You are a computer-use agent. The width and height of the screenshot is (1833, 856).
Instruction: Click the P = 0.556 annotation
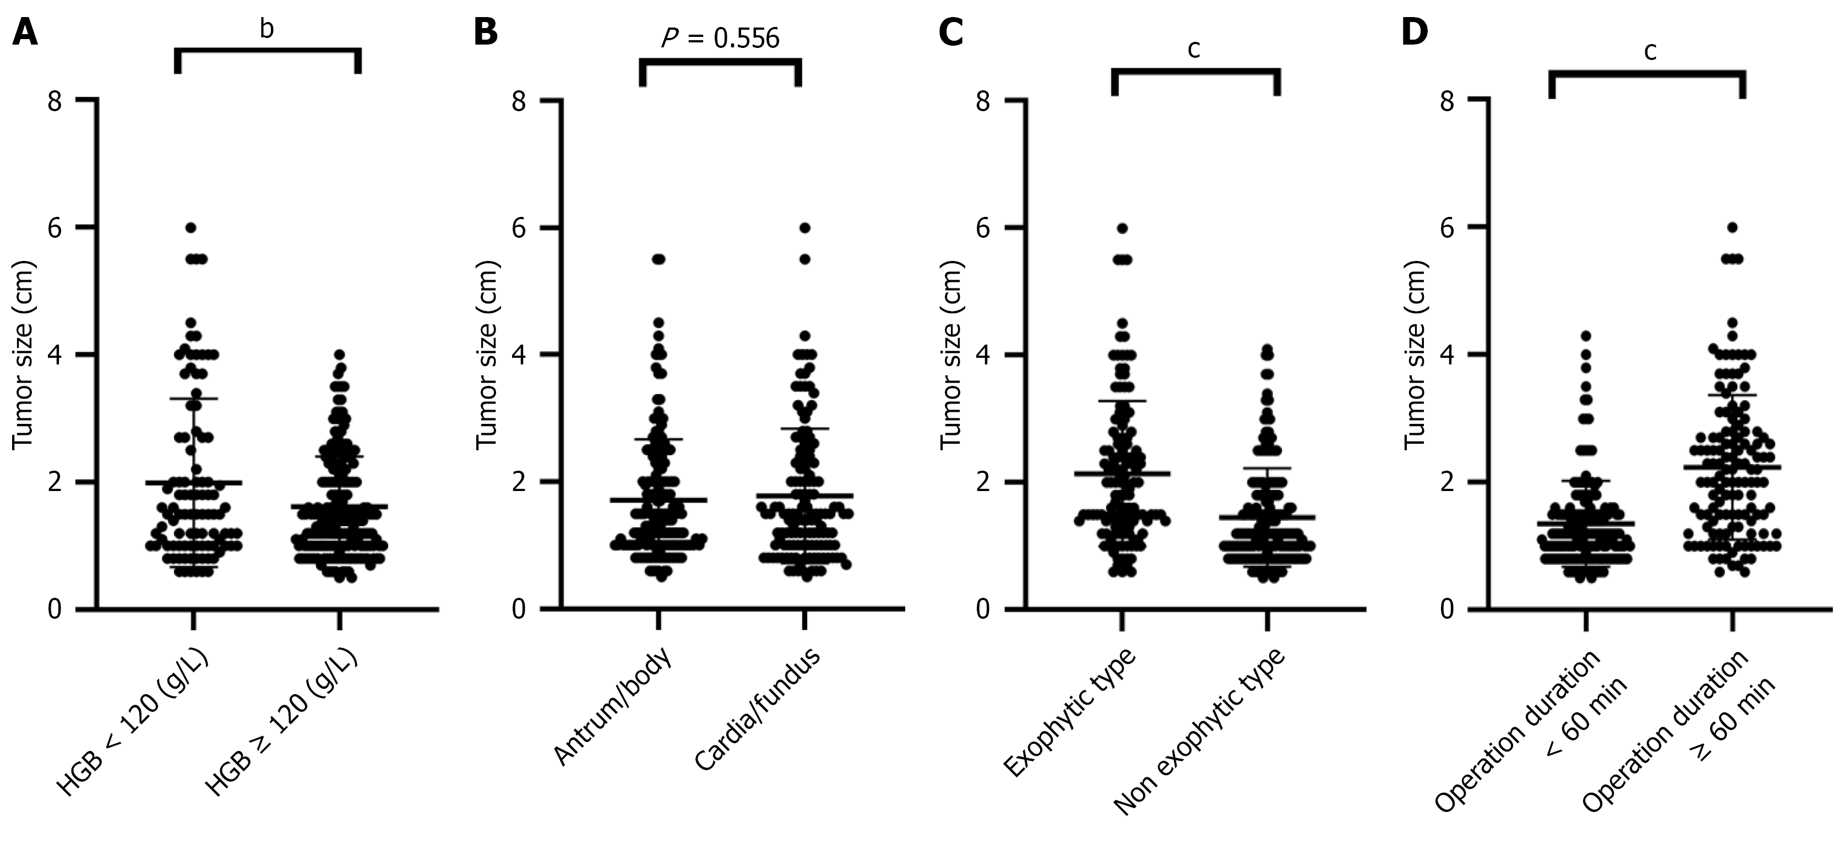click(x=720, y=39)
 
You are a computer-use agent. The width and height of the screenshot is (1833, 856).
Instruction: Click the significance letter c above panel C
click(x=1195, y=49)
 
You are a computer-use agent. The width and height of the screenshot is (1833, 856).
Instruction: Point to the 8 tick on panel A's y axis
click(x=55, y=101)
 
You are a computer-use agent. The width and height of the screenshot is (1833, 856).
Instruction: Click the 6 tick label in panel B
click(x=521, y=228)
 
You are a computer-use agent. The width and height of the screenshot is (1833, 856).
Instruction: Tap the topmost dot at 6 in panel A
click(x=191, y=228)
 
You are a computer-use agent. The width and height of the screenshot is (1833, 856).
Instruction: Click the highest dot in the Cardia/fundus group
click(x=805, y=228)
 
